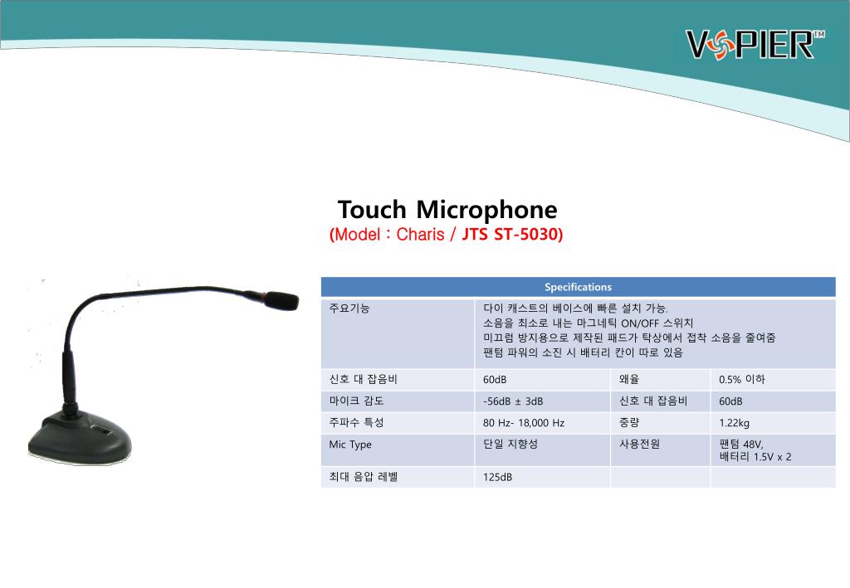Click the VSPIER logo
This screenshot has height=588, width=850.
pos(755,44)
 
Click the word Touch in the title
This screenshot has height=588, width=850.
pos(372,210)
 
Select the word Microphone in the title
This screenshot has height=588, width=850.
pos(486,211)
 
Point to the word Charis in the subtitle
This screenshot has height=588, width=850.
pos(420,234)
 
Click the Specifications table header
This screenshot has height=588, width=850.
pos(578,287)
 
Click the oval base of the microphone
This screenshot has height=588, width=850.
pos(80,437)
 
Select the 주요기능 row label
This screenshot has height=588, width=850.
pos(349,308)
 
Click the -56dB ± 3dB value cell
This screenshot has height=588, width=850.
pos(513,401)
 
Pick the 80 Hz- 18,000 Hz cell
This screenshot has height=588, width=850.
pos(524,423)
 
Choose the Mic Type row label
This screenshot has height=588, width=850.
pos(350,445)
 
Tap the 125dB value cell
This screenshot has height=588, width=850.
pos(497,477)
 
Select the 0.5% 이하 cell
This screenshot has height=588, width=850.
pos(741,379)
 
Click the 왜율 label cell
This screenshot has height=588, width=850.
pos(629,379)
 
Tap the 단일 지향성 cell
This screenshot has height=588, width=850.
pos(510,444)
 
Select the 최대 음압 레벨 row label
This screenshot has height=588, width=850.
pos(364,477)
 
